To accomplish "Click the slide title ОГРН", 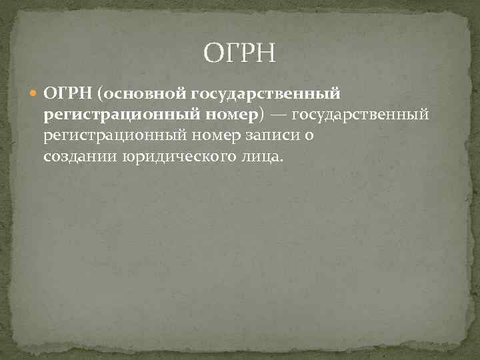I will [x=239, y=51].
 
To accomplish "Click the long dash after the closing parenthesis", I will [x=279, y=115].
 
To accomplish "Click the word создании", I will [x=80, y=157].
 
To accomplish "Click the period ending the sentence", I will [x=282, y=160].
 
